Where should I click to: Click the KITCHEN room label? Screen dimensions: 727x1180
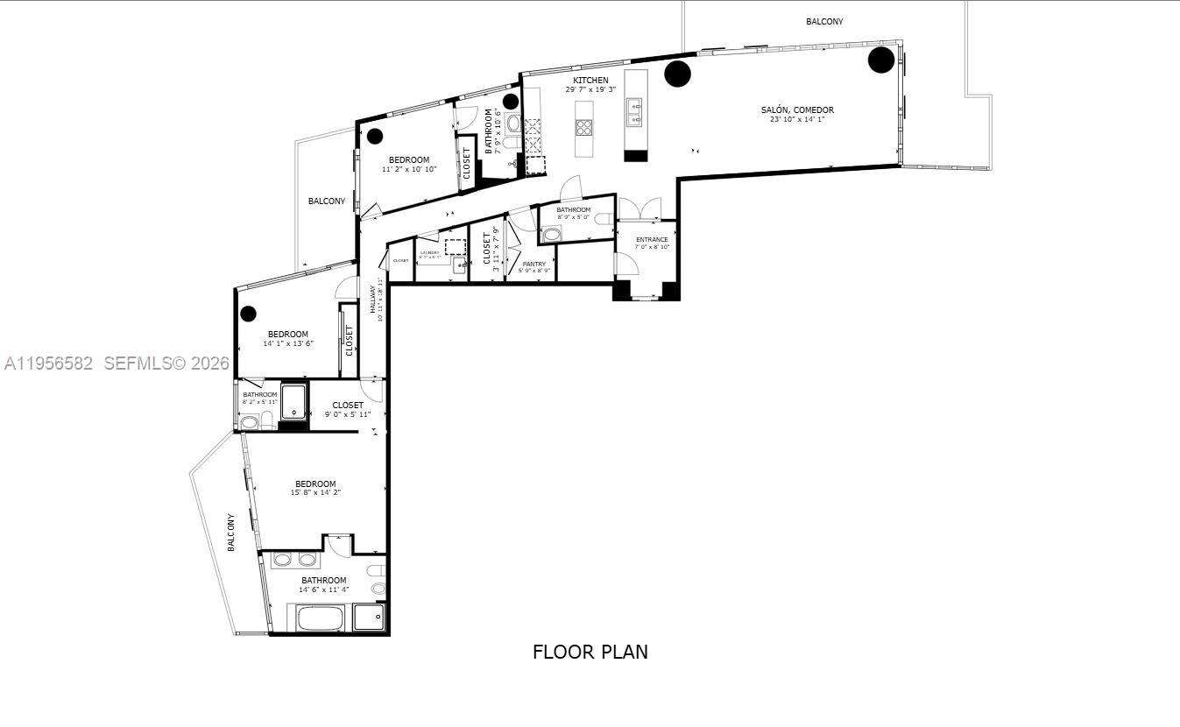tap(590, 81)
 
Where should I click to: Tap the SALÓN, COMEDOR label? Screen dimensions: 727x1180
tap(797, 110)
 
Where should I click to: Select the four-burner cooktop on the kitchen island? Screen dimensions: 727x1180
tap(584, 127)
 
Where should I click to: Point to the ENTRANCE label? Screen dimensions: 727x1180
tap(652, 239)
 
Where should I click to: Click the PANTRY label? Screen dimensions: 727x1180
tap(533, 264)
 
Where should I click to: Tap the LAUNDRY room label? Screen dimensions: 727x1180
tap(429, 253)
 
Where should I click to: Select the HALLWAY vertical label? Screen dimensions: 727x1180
tap(373, 299)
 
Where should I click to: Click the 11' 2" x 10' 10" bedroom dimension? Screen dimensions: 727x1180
tap(409, 169)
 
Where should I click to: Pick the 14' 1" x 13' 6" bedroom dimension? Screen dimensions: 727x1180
tap(288, 343)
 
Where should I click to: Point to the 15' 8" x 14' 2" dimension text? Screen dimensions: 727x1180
tap(315, 493)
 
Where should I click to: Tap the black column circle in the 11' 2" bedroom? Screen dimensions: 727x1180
tap(375, 136)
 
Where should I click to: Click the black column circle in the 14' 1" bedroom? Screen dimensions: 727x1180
tap(249, 313)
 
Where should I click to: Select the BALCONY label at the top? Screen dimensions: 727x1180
tap(824, 21)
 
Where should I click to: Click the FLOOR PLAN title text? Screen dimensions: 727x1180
tap(590, 652)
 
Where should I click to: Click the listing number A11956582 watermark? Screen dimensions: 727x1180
tap(48, 363)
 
